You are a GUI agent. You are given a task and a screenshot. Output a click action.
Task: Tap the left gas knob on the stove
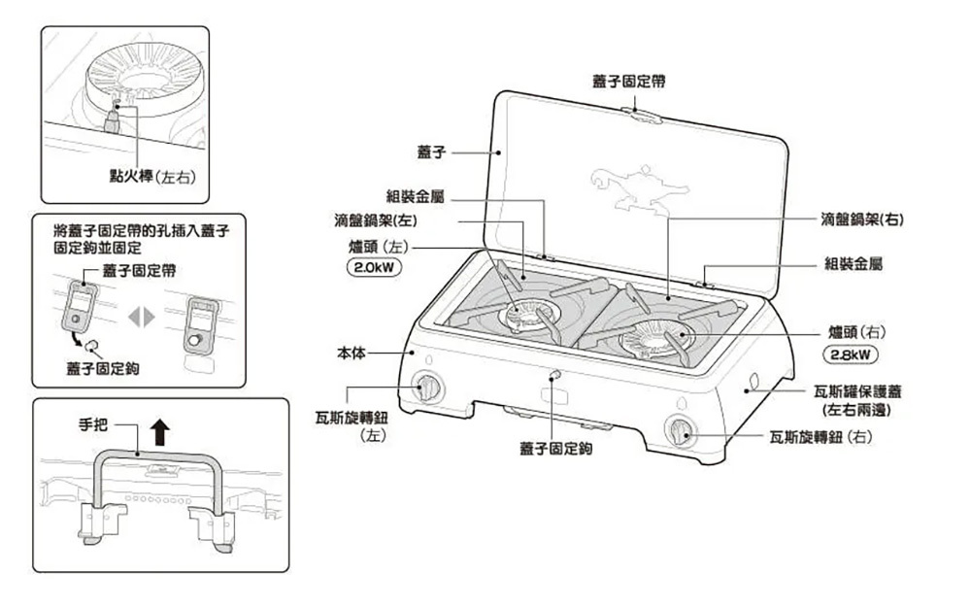point(427,388)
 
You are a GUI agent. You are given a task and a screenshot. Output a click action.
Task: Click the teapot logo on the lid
point(636,187)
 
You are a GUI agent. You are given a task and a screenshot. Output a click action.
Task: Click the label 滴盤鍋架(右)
point(861,220)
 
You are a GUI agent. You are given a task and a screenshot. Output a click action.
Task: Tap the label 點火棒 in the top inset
point(133,175)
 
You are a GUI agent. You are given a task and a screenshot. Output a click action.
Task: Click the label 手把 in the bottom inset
point(95,424)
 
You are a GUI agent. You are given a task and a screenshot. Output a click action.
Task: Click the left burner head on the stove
point(528,313)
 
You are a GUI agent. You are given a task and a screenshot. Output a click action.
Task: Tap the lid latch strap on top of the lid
point(644,116)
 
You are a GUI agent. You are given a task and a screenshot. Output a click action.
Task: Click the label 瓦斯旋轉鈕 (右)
point(820,437)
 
